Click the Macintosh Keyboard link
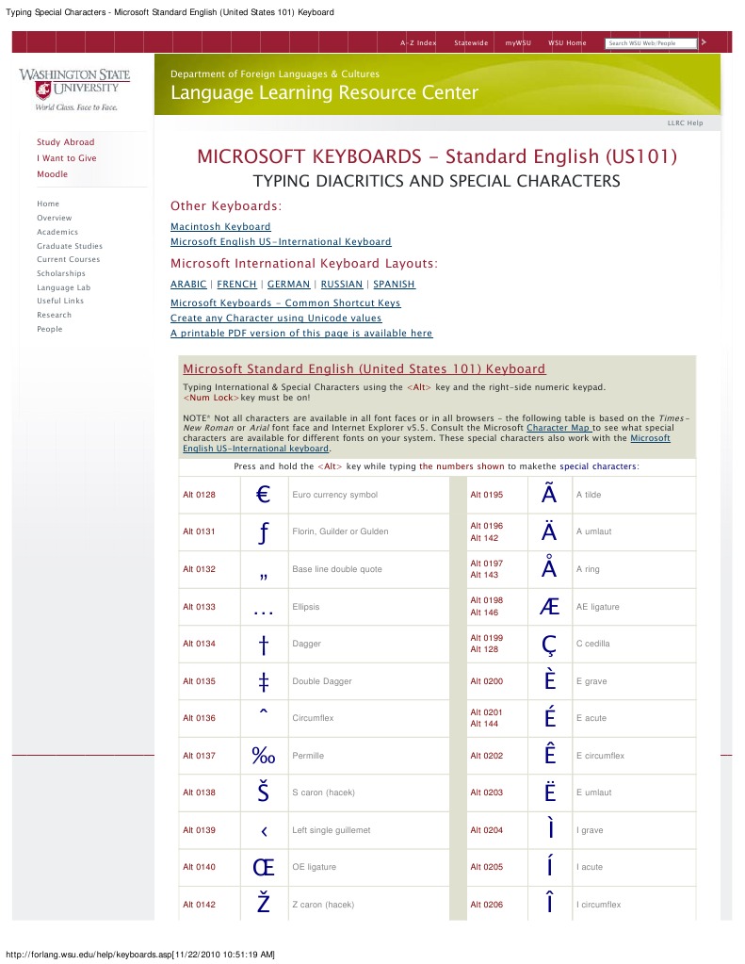[x=220, y=227]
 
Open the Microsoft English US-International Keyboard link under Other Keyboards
[x=281, y=242]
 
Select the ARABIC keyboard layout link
[x=188, y=285]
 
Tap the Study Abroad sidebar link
[x=66, y=142]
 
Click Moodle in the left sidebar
[x=53, y=174]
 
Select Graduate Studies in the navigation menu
[x=70, y=246]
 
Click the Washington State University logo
[x=74, y=90]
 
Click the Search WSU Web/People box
[x=651, y=43]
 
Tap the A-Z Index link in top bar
[x=418, y=43]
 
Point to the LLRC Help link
[x=685, y=123]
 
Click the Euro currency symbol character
[x=263, y=495]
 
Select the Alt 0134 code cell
[x=200, y=644]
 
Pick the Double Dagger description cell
[x=320, y=681]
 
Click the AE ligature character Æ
[x=550, y=607]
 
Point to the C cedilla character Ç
[x=550, y=644]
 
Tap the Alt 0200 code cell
[x=487, y=681]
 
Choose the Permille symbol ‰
[x=263, y=756]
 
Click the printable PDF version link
[x=301, y=334]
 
